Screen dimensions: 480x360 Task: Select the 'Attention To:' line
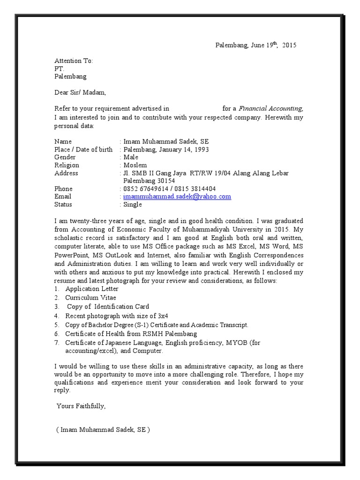click(x=74, y=61)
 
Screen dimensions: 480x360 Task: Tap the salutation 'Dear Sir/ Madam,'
click(x=81, y=92)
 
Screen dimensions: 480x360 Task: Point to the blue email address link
click(x=177, y=197)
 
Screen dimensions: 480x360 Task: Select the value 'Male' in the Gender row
click(x=131, y=157)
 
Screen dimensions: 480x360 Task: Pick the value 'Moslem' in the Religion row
click(x=135, y=165)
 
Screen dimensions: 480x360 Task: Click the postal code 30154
click(x=165, y=181)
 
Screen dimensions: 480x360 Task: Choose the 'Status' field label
click(x=63, y=205)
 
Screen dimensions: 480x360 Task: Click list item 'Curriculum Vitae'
click(x=90, y=298)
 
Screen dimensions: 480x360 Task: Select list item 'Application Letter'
click(x=92, y=289)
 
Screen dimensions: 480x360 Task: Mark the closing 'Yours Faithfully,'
click(x=81, y=406)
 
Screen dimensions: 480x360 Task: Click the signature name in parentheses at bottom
click(x=103, y=430)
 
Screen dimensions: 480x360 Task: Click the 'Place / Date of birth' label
click(x=83, y=150)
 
